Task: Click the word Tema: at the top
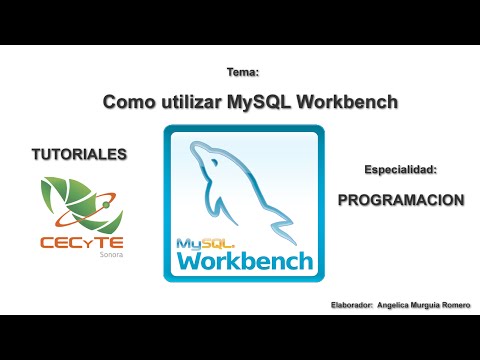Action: coord(243,73)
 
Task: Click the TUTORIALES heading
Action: coord(79,155)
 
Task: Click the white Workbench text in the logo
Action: coord(245,261)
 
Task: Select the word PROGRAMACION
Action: coord(400,199)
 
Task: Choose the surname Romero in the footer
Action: coord(457,304)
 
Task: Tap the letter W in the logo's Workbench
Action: coord(190,261)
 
